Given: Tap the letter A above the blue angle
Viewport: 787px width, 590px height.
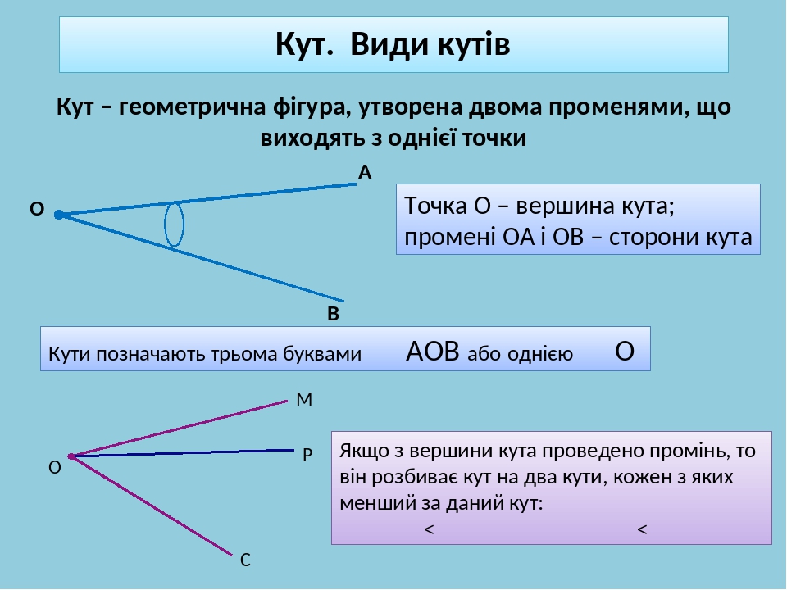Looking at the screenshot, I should (x=365, y=172).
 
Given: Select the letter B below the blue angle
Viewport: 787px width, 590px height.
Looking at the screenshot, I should (x=333, y=314).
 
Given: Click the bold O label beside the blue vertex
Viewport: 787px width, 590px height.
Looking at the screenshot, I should (x=36, y=210).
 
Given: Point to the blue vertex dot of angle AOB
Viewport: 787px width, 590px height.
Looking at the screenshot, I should (x=58, y=216).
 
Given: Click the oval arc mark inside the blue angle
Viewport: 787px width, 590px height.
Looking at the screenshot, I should (x=174, y=225).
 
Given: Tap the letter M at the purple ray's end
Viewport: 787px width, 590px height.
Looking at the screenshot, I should (x=304, y=400).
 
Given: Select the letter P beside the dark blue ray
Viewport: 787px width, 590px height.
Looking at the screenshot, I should (x=307, y=453).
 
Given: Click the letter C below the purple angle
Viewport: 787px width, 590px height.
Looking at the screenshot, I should (x=244, y=560).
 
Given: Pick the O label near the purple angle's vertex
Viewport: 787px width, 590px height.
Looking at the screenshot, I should (x=54, y=468).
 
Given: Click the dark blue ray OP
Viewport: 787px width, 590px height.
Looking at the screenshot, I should (x=189, y=452).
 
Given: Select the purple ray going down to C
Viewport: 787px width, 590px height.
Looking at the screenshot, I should (x=156, y=507).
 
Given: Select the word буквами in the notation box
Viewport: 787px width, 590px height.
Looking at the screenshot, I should (x=321, y=355).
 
